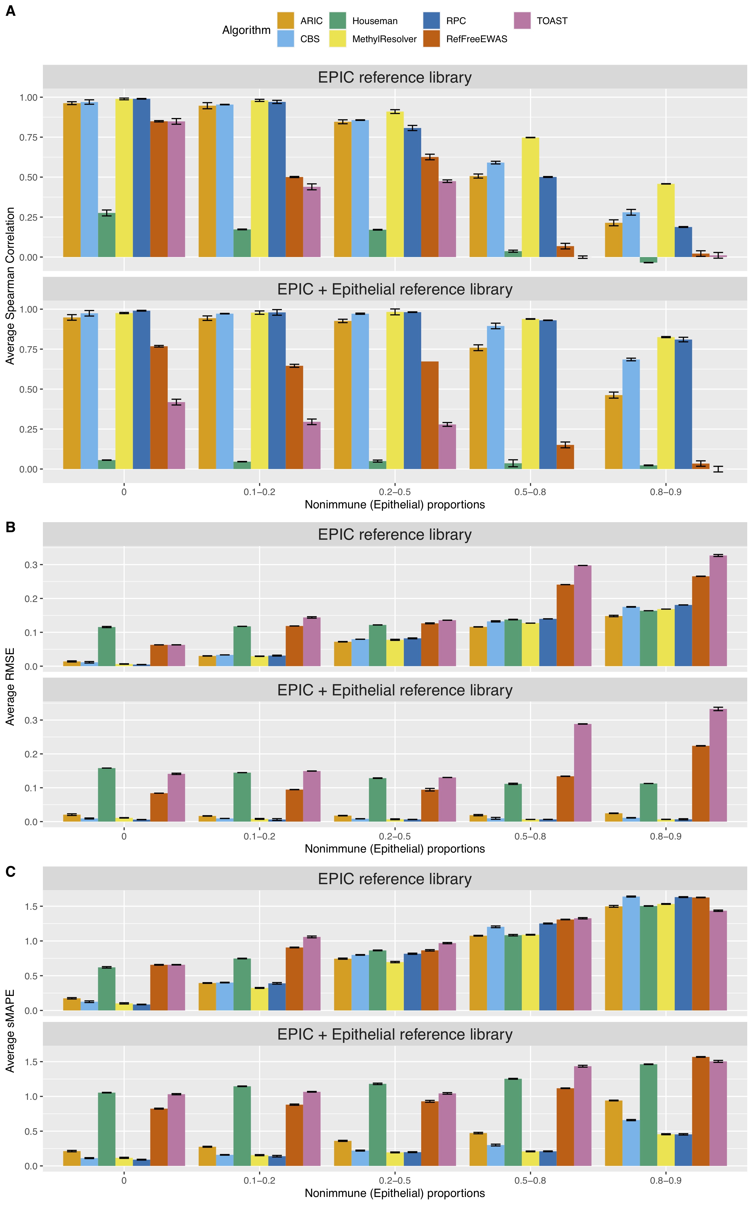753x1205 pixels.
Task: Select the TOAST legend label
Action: point(552,21)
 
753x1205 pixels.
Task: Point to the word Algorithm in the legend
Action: point(246,30)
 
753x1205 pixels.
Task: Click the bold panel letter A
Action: point(11,11)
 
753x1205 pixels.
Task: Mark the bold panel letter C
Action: point(11,871)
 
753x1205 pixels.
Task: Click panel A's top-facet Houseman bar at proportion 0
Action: point(107,235)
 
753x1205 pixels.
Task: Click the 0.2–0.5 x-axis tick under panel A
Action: point(395,492)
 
